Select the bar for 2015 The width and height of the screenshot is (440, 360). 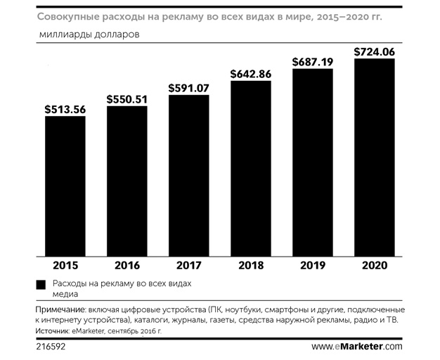tap(65, 186)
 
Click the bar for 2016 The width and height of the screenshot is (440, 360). tap(127, 181)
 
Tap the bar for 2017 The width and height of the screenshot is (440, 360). tap(189, 176)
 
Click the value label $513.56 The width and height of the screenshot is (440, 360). tap(65, 109)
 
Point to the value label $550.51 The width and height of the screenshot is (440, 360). tap(127, 99)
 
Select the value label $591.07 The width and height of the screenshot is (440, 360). tap(189, 88)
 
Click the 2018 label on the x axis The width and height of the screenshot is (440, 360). tap(251, 266)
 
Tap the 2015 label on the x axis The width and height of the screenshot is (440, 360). tap(65, 266)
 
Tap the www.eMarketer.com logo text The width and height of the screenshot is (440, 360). tap(356, 347)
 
